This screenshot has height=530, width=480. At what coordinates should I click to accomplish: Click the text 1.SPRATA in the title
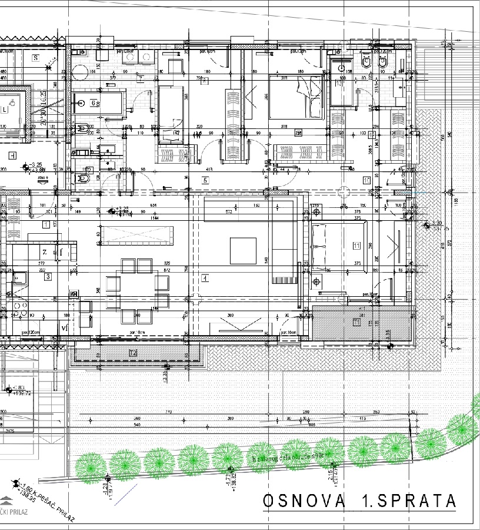click(x=408, y=501)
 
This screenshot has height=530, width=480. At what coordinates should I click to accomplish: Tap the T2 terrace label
click(x=133, y=353)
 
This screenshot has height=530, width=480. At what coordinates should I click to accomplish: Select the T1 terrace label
click(x=356, y=322)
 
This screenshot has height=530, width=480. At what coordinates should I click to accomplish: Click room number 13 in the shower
click(x=339, y=84)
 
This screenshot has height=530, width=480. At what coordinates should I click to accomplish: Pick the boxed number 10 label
click(x=366, y=180)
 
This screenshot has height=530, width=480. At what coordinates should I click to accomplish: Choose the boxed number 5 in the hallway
click(x=205, y=180)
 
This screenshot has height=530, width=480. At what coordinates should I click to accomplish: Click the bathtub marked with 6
click(x=99, y=103)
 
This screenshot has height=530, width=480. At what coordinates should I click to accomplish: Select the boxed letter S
click(x=35, y=58)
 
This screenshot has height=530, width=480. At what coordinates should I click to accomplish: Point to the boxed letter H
click(x=12, y=155)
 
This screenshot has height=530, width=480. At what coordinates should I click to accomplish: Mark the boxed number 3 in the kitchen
click(x=48, y=276)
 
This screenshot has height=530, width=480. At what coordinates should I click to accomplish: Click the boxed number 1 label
click(x=45, y=224)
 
